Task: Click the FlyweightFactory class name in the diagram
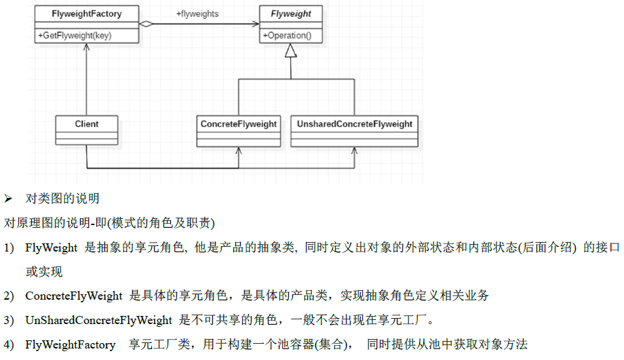pos(87,14)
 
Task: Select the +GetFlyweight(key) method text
pos(76,35)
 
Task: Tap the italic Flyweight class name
pos(290,14)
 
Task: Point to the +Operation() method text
pos(286,35)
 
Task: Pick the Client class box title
pos(87,124)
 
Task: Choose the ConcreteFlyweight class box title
pos(239,124)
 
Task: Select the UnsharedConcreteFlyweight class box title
pos(353,124)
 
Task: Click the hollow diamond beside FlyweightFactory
pos(146,24)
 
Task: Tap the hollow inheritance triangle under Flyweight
pos(290,51)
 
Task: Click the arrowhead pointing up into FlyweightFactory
pos(87,49)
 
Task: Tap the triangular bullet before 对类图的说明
pos(9,199)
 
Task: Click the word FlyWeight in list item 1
pos(52,249)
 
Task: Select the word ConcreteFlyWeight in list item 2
pos(74,296)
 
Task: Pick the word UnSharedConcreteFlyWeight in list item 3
pos(98,320)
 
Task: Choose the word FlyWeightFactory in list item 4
pos(71,344)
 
